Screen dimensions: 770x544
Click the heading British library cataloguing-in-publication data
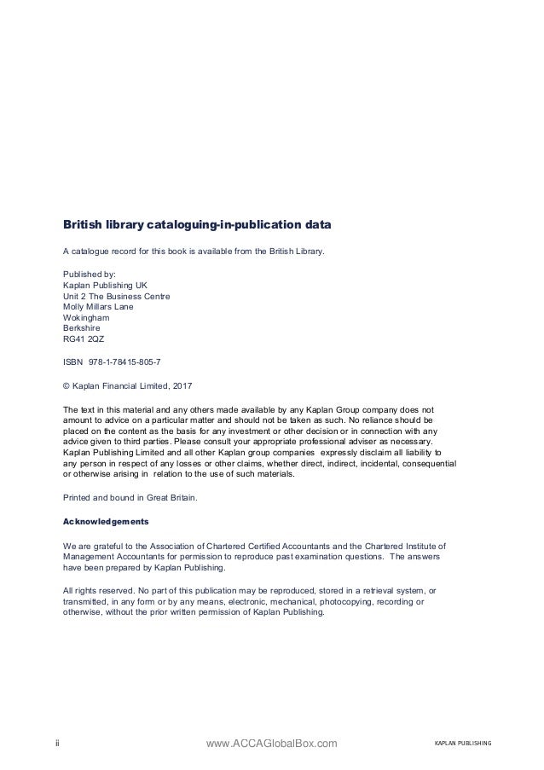pos(197,227)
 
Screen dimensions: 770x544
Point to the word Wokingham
pos(87,317)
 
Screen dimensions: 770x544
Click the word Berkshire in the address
pos(84,327)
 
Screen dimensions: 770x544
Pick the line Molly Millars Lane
pos(99,307)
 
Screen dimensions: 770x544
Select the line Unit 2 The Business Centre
pos(117,297)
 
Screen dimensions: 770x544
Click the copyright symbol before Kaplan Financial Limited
pos(67,385)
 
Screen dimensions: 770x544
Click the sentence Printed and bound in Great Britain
pos(130,496)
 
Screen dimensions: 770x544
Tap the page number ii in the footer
pos(57,744)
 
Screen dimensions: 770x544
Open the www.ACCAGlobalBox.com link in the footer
pos(272,744)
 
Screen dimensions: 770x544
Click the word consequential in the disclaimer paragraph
pos(429,465)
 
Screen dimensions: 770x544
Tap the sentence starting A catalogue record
pos(194,252)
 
